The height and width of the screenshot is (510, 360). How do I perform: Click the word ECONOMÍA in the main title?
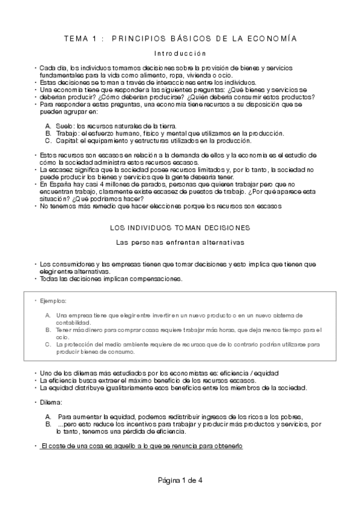coord(275,38)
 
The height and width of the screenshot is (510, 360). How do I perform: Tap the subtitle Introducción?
coord(180,54)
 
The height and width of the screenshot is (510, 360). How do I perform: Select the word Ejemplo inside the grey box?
coord(53,300)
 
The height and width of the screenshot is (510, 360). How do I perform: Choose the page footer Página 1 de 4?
coord(180,480)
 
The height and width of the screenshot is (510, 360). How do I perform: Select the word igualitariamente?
coord(99,387)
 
